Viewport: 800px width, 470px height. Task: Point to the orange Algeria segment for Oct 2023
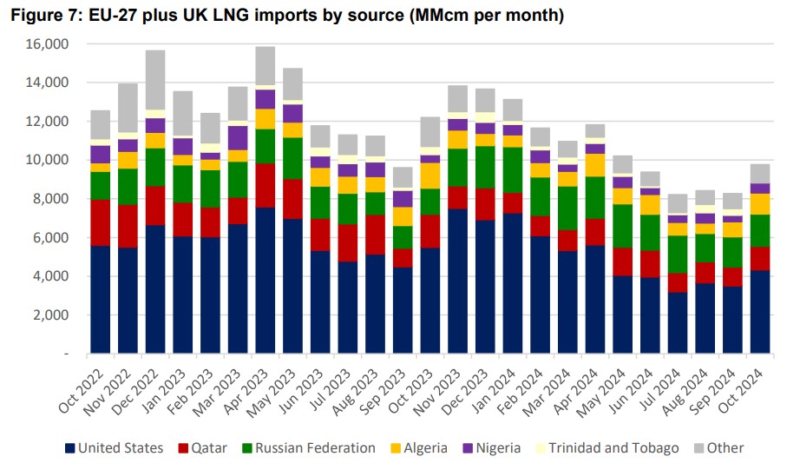pyautogui.click(x=430, y=175)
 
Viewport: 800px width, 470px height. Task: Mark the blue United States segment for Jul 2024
pyautogui.click(x=678, y=322)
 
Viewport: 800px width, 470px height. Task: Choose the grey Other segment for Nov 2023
pyautogui.click(x=457, y=98)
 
